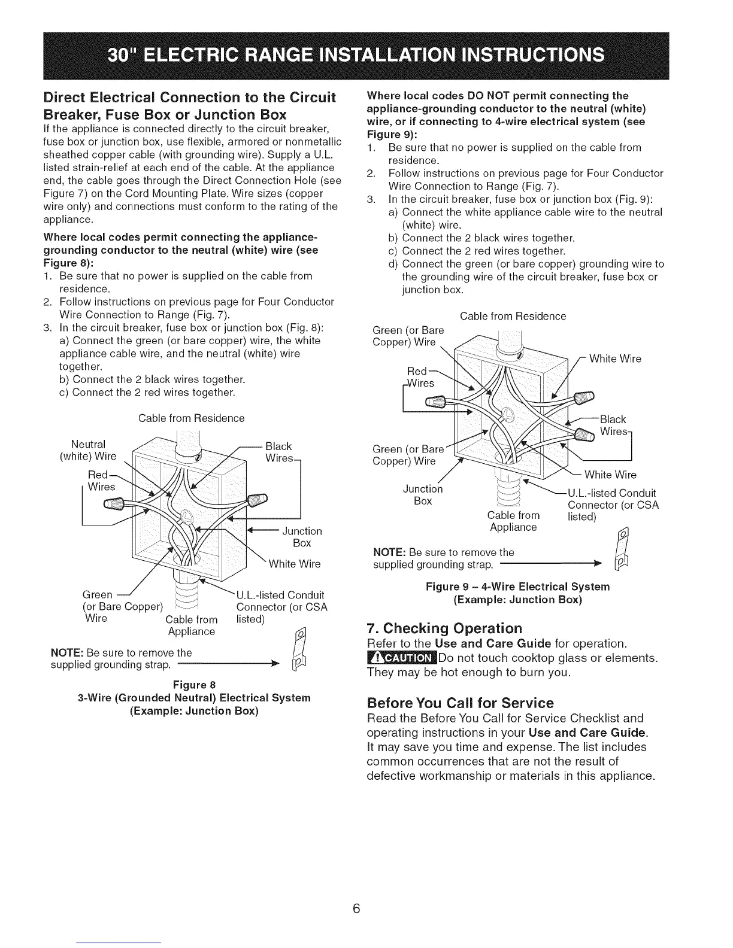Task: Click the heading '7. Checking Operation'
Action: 444,628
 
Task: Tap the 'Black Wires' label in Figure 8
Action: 278,452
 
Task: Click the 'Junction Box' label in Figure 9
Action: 423,495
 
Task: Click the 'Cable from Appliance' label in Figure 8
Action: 191,625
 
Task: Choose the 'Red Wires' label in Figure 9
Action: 421,377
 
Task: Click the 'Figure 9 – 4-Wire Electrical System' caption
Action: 517,586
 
